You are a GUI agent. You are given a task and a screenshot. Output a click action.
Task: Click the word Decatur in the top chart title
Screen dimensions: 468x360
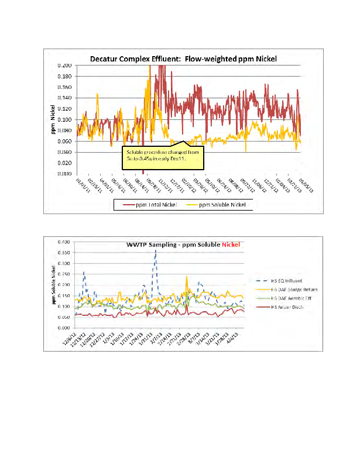[x=105, y=58]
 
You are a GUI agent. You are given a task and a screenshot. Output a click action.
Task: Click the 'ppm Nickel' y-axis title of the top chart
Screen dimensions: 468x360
[x=52, y=119]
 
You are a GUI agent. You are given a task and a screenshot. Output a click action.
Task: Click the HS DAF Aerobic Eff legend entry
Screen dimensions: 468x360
[x=286, y=298]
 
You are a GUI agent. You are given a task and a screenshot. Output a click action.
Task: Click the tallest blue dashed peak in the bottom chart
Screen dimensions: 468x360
[x=155, y=251]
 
